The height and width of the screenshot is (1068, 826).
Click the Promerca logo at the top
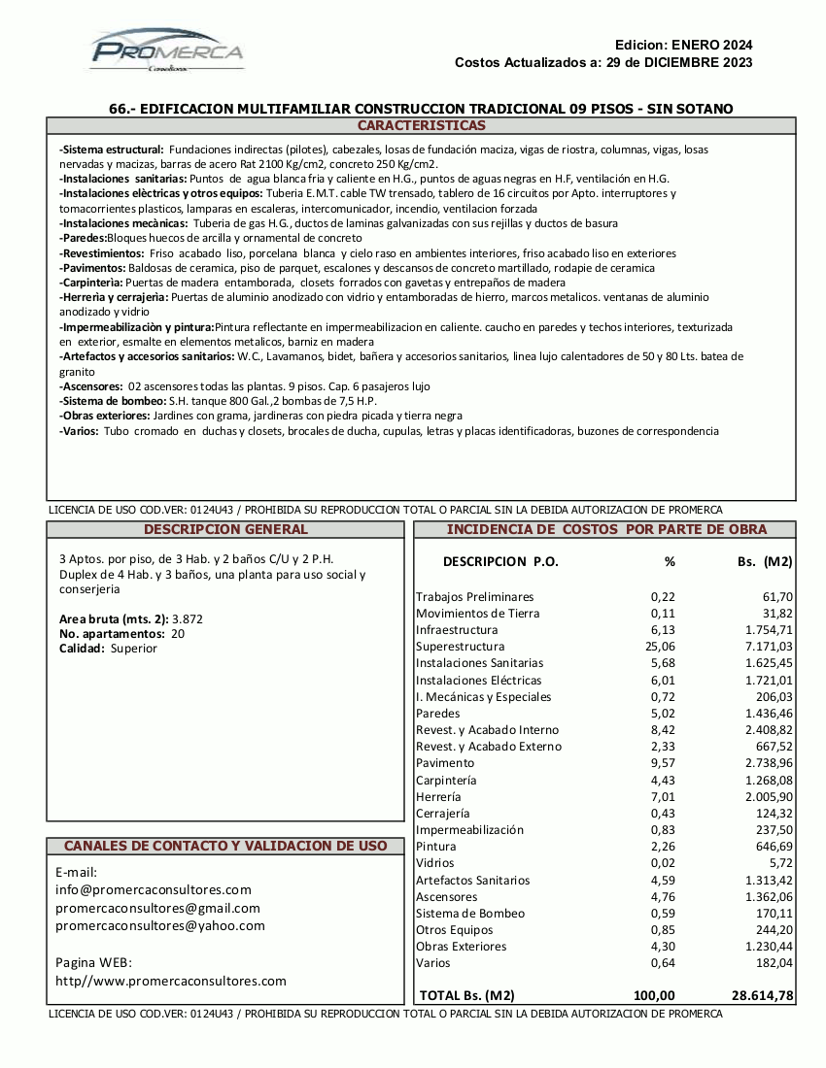coord(166,50)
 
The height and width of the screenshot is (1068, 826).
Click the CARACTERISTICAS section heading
coord(421,126)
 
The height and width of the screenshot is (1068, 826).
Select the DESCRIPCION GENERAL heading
coord(225,530)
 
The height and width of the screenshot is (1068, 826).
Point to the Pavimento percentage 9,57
coord(663,763)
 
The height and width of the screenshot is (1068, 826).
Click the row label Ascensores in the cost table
coord(447,897)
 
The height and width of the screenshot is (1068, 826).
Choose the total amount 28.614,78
coord(762,995)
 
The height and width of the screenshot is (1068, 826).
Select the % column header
coord(670,561)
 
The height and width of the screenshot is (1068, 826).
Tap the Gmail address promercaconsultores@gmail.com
coord(158,909)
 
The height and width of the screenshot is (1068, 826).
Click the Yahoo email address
coord(160,926)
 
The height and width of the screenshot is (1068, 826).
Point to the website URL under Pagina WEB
coord(171,982)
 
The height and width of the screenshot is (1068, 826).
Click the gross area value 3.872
coord(188,618)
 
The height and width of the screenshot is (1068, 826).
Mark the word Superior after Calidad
coord(134,649)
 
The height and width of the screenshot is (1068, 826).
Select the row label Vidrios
coord(435,863)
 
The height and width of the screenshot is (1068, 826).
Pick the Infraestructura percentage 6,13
coord(663,630)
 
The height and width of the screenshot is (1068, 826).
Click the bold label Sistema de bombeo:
coord(111,401)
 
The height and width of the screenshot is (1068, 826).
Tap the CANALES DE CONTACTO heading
coord(225,847)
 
